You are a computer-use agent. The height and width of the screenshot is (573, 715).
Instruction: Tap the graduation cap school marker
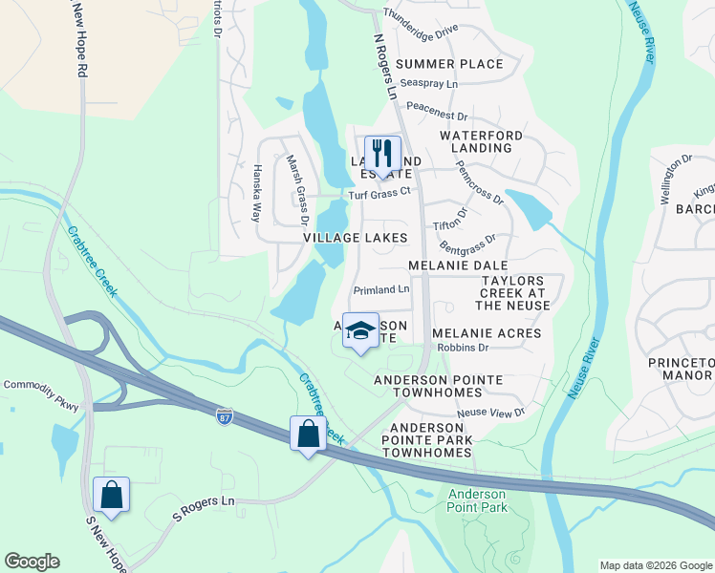[x=360, y=330]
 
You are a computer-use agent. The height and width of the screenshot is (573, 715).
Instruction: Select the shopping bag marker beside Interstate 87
[x=308, y=434]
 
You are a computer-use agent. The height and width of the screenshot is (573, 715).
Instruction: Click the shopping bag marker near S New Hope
[x=111, y=495]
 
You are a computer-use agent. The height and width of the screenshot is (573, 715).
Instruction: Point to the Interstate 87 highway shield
[x=224, y=416]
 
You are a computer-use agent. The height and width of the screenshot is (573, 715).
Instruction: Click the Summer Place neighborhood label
[x=449, y=64]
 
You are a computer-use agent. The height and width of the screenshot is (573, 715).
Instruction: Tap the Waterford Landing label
[x=481, y=141]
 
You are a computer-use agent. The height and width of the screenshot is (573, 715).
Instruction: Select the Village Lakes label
[x=356, y=237]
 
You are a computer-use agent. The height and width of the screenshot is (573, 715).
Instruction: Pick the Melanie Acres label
[x=487, y=333]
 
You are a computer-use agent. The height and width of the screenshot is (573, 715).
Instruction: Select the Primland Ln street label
[x=380, y=289]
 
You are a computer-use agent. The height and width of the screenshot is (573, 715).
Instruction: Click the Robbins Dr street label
[x=463, y=348]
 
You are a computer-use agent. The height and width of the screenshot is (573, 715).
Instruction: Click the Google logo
[x=32, y=562]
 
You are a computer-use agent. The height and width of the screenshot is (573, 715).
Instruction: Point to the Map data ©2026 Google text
[x=655, y=565]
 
